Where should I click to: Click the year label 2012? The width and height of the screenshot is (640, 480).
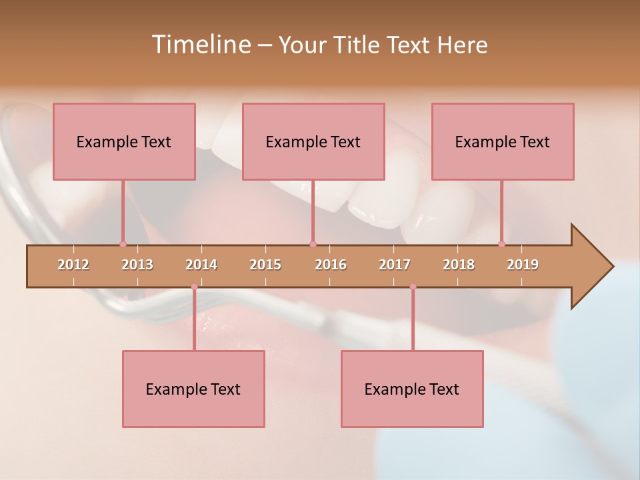tap(73, 265)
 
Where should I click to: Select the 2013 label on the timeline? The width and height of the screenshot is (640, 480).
tap(137, 265)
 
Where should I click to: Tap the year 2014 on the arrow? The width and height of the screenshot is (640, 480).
tap(201, 265)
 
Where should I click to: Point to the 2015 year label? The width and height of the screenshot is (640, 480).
tap(265, 265)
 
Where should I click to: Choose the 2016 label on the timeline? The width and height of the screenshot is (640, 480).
tap(331, 265)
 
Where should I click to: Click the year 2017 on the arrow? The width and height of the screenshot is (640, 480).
tap(395, 265)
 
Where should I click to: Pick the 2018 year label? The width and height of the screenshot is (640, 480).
tap(459, 265)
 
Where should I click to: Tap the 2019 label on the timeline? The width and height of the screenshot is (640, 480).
tap(523, 265)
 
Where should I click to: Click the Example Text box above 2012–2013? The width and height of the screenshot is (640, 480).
tap(124, 142)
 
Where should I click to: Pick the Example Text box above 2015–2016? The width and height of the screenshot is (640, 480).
tap(313, 142)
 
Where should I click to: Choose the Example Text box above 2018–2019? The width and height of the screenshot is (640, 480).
tap(503, 142)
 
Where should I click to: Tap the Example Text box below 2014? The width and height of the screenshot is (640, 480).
tap(193, 389)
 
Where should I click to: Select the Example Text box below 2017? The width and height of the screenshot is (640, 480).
tap(412, 389)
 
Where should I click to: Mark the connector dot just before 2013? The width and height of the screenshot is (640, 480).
tap(123, 244)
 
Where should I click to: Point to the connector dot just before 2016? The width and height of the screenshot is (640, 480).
tap(313, 244)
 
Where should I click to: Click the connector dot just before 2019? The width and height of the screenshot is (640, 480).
tap(501, 244)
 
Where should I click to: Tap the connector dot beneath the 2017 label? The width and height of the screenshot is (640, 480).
tap(413, 287)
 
